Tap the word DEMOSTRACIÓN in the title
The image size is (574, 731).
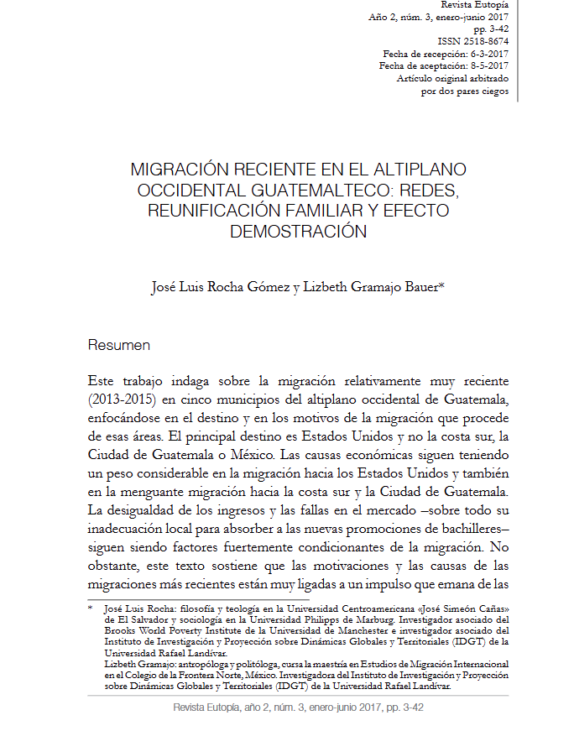298,231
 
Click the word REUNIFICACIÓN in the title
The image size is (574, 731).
214,210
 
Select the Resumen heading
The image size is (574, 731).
119,345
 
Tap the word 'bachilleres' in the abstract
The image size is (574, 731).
466,527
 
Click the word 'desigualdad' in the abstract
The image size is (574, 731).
152,509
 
